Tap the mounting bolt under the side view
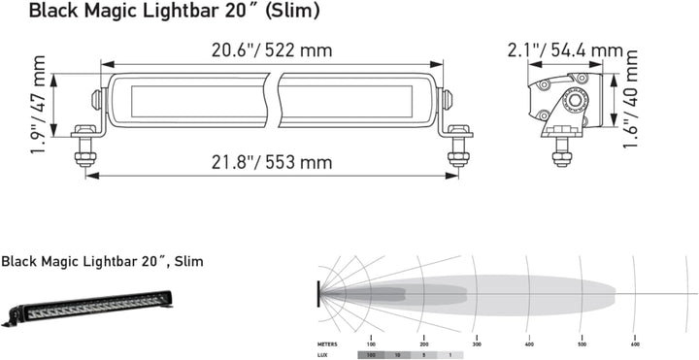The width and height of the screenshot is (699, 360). (x=560, y=149)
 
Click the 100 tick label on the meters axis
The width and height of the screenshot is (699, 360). (x=371, y=344)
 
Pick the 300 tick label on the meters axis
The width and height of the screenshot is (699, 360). (x=476, y=344)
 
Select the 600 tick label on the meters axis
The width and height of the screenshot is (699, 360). (x=635, y=344)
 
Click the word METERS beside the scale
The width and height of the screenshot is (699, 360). (x=327, y=344)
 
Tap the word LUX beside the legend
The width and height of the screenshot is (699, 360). (x=322, y=355)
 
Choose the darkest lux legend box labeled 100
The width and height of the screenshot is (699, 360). (x=371, y=355)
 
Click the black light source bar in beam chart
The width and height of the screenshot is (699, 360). (x=316, y=292)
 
